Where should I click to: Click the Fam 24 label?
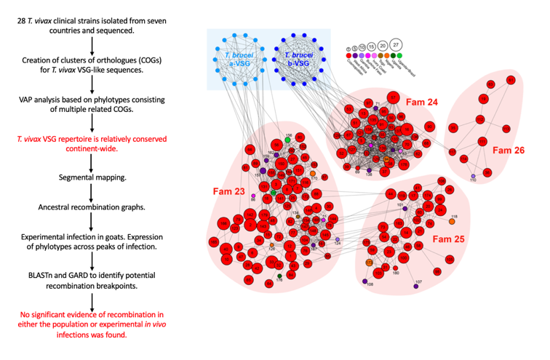coord(421,103)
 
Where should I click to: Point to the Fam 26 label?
coord(508,151)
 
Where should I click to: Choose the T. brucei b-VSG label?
coord(296,60)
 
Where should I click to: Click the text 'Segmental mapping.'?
coord(89,177)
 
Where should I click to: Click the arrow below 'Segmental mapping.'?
coord(90,192)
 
